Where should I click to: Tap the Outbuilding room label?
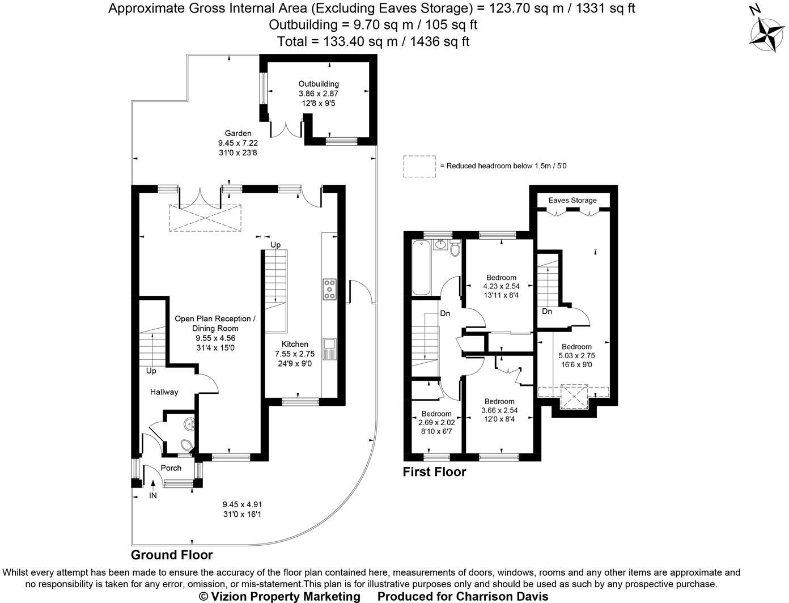(x=319, y=84)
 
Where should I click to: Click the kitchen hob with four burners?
(x=329, y=289)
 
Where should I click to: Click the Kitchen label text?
(x=295, y=345)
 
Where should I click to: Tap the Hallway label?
(x=164, y=392)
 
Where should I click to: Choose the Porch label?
(x=171, y=468)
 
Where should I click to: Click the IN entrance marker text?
(x=152, y=496)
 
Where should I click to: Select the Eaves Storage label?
(x=572, y=200)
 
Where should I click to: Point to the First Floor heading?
(x=434, y=472)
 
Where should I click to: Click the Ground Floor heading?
(x=172, y=555)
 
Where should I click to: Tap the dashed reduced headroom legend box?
(x=419, y=166)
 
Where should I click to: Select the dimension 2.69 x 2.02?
(x=436, y=423)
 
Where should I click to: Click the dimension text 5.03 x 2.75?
(x=576, y=356)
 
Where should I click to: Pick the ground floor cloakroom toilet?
(x=185, y=445)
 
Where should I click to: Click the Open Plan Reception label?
(x=215, y=319)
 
